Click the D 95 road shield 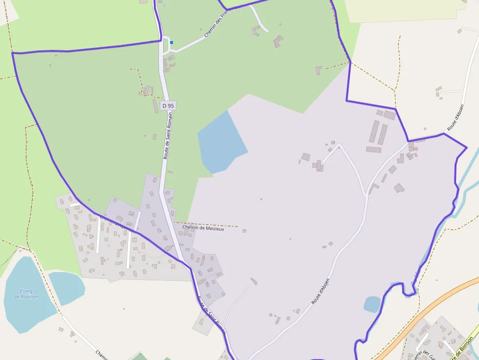tap(168, 106)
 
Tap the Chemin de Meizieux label tap(203, 228)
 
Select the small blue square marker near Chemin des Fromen tap(172, 42)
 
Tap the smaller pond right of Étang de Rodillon tap(66, 287)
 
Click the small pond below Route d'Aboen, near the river tap(372, 304)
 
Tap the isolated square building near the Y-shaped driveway tap(305, 157)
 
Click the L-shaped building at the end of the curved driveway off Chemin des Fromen tap(256, 31)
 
